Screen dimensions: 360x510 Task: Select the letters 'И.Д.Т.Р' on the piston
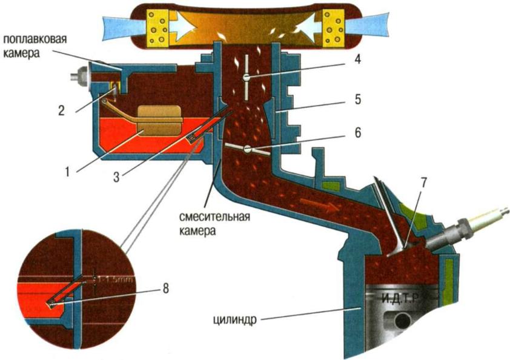pos(403,298)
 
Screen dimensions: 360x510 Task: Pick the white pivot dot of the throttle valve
pos(247,149)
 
